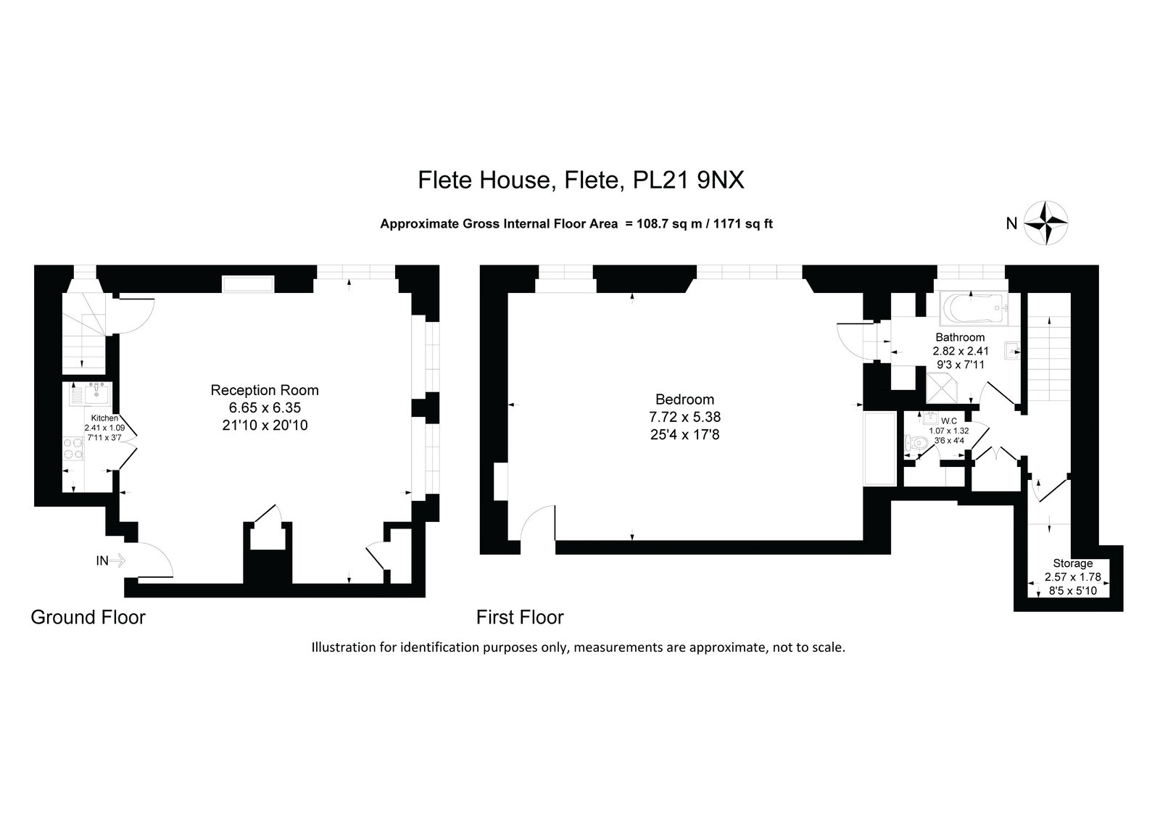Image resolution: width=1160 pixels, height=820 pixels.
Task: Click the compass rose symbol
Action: [x=1045, y=223]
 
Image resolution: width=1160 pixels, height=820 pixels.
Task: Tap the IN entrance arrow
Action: [x=117, y=560]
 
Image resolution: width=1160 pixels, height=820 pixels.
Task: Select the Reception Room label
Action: [x=265, y=390]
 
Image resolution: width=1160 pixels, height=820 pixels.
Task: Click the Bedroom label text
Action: [x=684, y=399]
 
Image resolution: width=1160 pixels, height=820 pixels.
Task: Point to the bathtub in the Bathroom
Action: [x=974, y=309]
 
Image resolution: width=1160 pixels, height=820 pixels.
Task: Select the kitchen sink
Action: [x=91, y=394]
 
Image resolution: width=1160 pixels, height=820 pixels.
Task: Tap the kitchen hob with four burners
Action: [x=73, y=449]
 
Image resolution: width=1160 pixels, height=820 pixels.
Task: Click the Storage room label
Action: [x=1072, y=563]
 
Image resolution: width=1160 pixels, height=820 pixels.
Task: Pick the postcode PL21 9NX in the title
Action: [x=689, y=181]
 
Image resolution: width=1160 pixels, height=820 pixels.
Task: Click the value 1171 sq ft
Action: [x=743, y=224]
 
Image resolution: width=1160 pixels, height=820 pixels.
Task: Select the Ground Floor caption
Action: [x=88, y=618]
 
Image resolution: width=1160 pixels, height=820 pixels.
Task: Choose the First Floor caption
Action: [x=520, y=618]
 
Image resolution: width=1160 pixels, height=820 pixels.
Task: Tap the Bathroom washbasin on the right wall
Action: [x=1012, y=351]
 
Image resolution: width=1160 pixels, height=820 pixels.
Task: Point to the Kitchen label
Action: [x=104, y=418]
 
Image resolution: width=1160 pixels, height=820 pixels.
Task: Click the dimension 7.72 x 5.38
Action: [x=684, y=416]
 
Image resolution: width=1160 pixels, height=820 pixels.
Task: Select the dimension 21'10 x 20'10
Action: [x=265, y=426]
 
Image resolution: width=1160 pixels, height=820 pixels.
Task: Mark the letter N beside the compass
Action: [x=1011, y=223]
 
